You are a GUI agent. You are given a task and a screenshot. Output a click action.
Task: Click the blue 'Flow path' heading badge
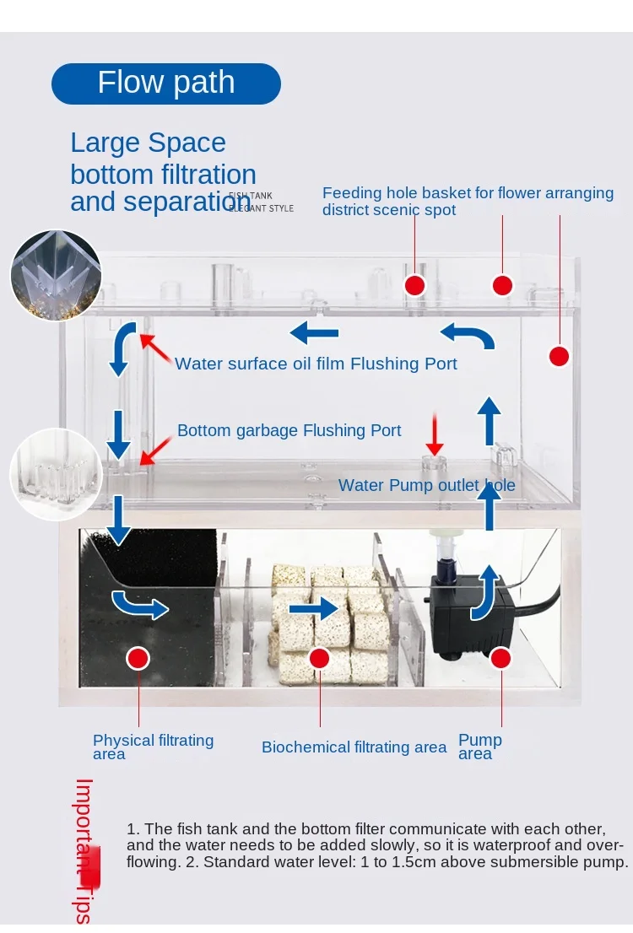tap(166, 84)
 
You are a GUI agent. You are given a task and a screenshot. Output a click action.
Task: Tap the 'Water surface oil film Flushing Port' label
tap(316, 364)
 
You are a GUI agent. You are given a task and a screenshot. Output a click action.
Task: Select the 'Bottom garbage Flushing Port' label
tap(289, 430)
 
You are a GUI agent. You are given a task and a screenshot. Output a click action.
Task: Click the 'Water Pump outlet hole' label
tap(426, 485)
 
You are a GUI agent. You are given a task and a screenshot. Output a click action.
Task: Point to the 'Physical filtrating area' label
tap(153, 747)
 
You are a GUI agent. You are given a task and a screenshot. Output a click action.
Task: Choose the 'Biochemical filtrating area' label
tap(354, 747)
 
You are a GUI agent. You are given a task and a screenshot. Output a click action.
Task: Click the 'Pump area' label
tap(479, 747)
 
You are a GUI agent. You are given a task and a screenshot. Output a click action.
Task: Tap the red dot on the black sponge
tap(138, 657)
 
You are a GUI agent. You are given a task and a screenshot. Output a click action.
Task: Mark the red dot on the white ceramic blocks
tap(319, 658)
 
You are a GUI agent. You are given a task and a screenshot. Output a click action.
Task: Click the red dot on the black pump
tap(501, 658)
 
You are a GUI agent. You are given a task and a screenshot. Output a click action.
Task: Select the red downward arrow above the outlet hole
tap(434, 434)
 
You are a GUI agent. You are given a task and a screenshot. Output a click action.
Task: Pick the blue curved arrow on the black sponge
tap(140, 604)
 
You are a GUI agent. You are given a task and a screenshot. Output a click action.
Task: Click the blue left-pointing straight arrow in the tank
tap(314, 333)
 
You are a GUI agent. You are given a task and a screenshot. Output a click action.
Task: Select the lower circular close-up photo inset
tap(56, 474)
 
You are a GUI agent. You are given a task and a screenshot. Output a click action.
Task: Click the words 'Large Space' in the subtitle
tap(148, 143)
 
